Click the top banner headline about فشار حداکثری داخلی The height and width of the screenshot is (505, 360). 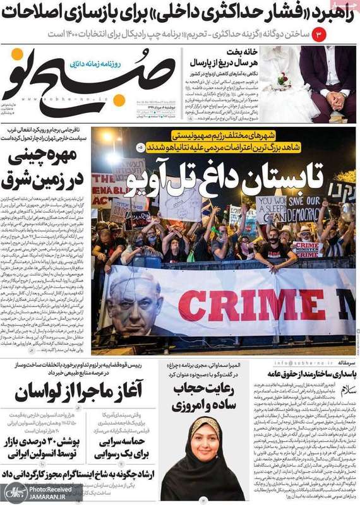(x=180, y=11)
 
